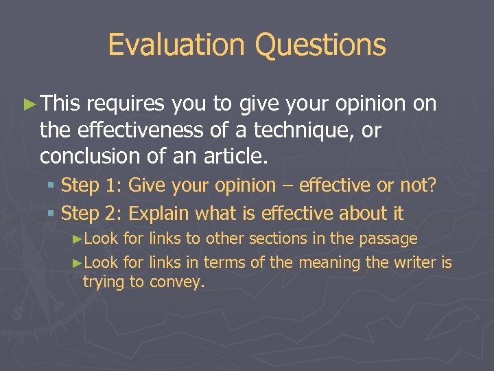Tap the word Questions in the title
320,45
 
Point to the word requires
126,104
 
